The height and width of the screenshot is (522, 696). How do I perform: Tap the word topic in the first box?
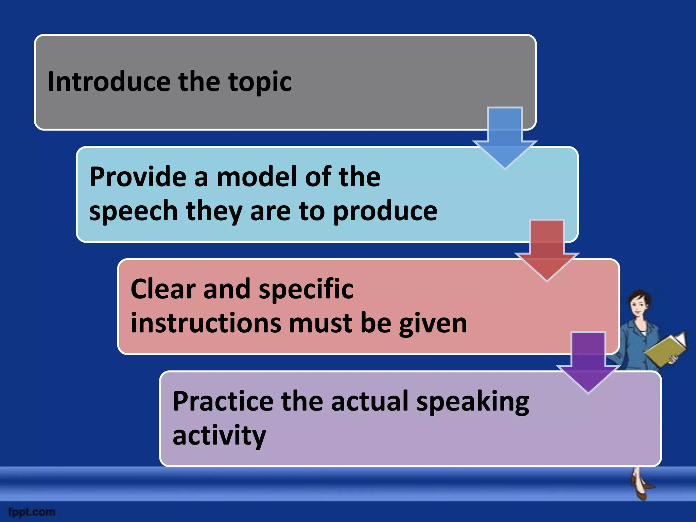click(260, 82)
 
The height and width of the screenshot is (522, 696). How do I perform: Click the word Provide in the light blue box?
click(138, 177)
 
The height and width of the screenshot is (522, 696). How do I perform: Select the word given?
click(433, 324)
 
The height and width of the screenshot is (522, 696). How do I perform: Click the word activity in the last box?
click(219, 436)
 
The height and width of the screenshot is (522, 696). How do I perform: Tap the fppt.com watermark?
click(32, 512)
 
